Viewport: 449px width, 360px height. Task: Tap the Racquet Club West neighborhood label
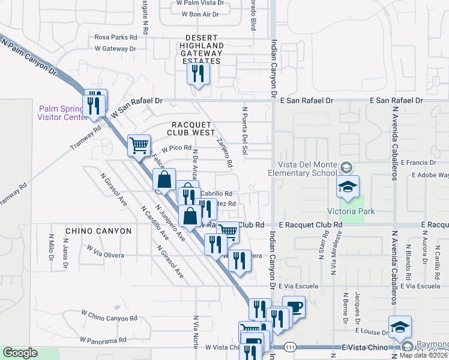pos(189,128)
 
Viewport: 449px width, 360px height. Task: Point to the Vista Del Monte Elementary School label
pos(306,169)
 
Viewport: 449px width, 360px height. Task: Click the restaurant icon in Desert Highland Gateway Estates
pos(196,74)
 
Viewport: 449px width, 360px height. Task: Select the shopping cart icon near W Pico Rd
pos(139,145)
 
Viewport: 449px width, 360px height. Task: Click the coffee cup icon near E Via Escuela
pos(294,307)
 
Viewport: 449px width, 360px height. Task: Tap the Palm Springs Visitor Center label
pos(61,113)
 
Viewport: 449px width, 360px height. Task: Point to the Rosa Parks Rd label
pos(116,37)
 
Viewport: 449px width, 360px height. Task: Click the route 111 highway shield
pos(291,347)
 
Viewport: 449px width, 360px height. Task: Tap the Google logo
pos(20,353)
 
